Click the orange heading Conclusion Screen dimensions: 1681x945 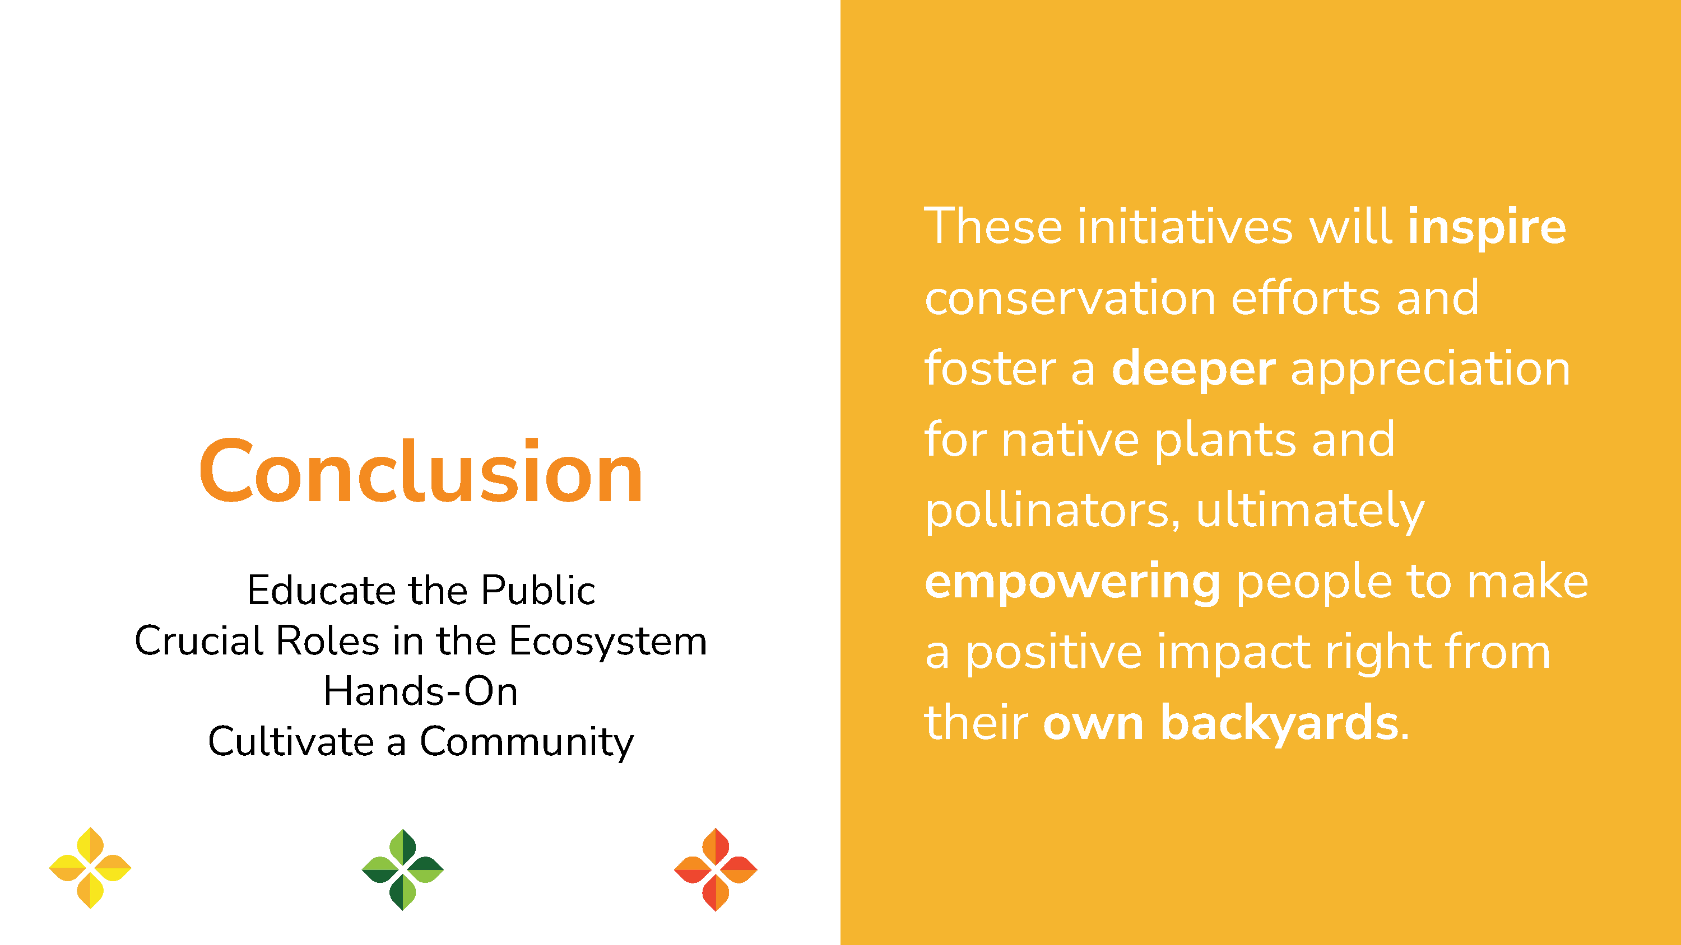(421, 471)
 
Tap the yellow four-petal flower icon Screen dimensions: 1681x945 (90, 868)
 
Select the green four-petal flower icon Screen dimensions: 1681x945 (403, 869)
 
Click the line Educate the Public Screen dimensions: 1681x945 (421, 590)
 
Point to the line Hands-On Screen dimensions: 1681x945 (421, 691)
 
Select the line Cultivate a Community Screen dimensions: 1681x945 (421, 742)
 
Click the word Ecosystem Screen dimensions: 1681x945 (607, 642)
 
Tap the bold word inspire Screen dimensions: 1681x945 (1487, 227)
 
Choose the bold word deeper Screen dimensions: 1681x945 (1193, 369)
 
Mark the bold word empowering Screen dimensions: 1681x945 (1072, 582)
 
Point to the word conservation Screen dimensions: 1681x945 (1070, 298)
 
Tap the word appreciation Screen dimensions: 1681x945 (1431, 371)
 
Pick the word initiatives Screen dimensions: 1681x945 (1185, 227)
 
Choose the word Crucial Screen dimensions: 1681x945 (198, 640)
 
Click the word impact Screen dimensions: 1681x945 (1233, 653)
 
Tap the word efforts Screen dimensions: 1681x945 (1305, 298)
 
